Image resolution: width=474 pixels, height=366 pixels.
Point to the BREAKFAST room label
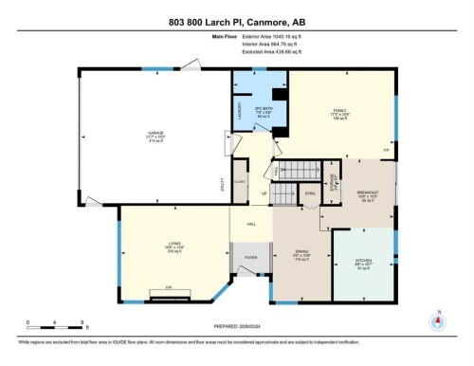click(368, 192)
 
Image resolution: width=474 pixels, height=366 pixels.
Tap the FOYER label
click(251, 258)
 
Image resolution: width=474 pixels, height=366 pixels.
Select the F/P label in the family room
click(386, 151)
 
